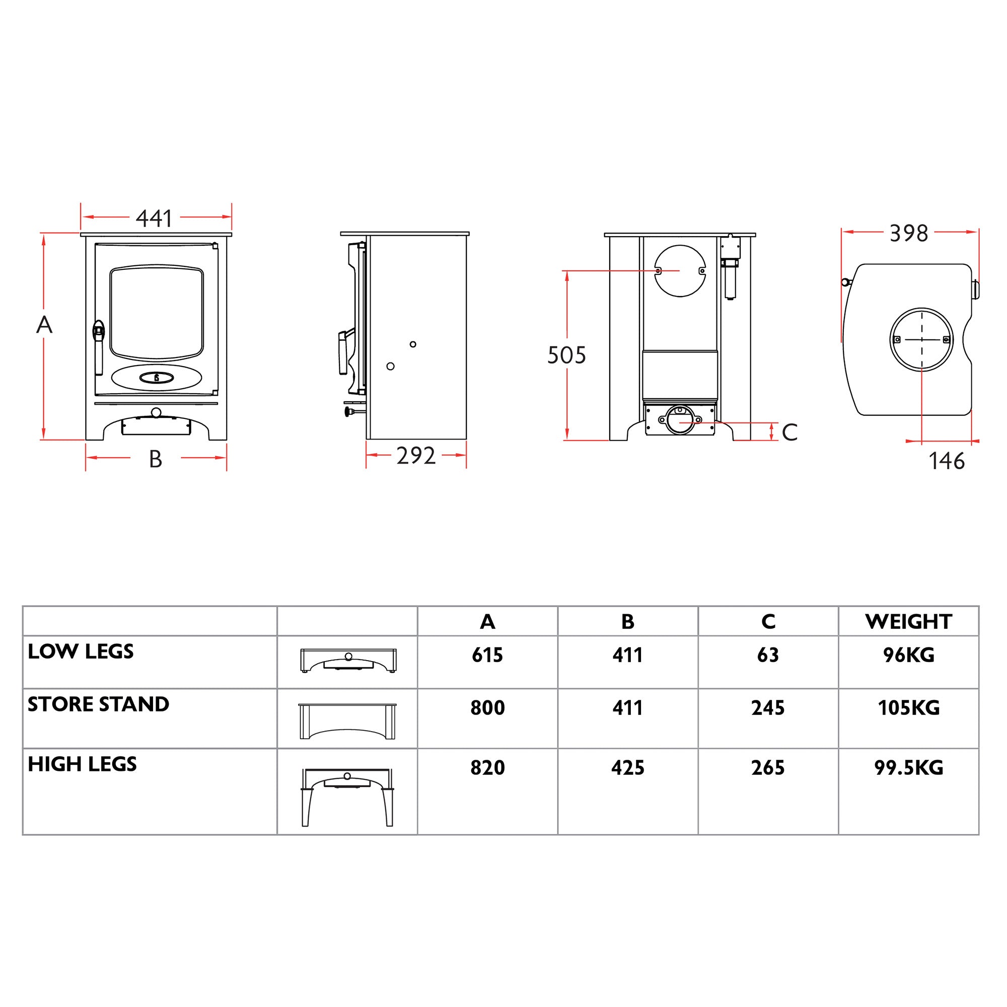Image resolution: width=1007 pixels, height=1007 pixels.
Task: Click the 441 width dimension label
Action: (x=154, y=219)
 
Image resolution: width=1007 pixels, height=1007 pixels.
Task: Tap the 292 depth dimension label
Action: (x=415, y=456)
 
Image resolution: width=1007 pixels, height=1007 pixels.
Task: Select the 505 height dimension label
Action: (x=566, y=355)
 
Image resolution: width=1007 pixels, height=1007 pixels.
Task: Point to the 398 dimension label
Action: (x=908, y=234)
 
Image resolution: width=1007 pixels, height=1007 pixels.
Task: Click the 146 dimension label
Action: (x=947, y=461)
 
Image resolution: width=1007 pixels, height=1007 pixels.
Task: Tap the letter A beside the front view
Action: (x=44, y=325)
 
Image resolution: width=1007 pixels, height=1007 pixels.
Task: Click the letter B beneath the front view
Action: (x=155, y=460)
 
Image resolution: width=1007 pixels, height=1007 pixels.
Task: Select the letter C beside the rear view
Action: (x=789, y=433)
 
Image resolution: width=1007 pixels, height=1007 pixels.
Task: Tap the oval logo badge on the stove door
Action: (x=157, y=377)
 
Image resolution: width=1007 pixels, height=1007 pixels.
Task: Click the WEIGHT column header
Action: (x=908, y=621)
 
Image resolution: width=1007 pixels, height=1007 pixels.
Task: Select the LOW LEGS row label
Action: (x=81, y=652)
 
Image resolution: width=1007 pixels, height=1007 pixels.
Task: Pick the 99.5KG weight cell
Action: (x=908, y=768)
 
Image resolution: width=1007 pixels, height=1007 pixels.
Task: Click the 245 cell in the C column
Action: (x=768, y=708)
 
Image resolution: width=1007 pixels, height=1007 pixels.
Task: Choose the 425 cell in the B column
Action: (x=627, y=768)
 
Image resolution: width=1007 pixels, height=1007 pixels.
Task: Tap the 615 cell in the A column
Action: (x=487, y=655)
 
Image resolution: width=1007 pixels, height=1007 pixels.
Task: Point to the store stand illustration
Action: (x=347, y=722)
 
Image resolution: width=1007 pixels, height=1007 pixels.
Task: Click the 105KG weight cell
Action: (x=908, y=708)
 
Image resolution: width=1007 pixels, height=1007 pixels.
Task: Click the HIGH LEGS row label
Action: (x=83, y=765)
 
